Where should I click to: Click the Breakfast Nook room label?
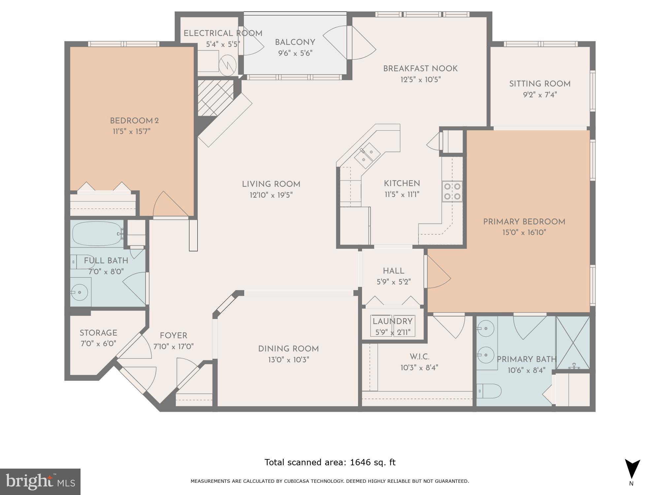(x=420, y=69)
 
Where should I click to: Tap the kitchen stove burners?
(x=452, y=191)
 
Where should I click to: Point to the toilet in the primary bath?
(x=489, y=391)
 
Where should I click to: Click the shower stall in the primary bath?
(x=573, y=343)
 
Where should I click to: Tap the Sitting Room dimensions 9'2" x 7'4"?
(x=540, y=95)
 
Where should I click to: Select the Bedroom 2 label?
(x=134, y=121)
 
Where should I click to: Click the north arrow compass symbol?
(x=632, y=470)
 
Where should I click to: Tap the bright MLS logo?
(x=40, y=481)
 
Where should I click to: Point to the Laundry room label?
(x=393, y=321)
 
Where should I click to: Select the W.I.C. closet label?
(x=419, y=357)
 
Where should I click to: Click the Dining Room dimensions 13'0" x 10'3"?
(x=288, y=359)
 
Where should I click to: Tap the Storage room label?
(x=98, y=333)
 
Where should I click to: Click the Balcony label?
(x=295, y=42)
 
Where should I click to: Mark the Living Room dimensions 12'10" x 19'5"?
(x=271, y=195)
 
